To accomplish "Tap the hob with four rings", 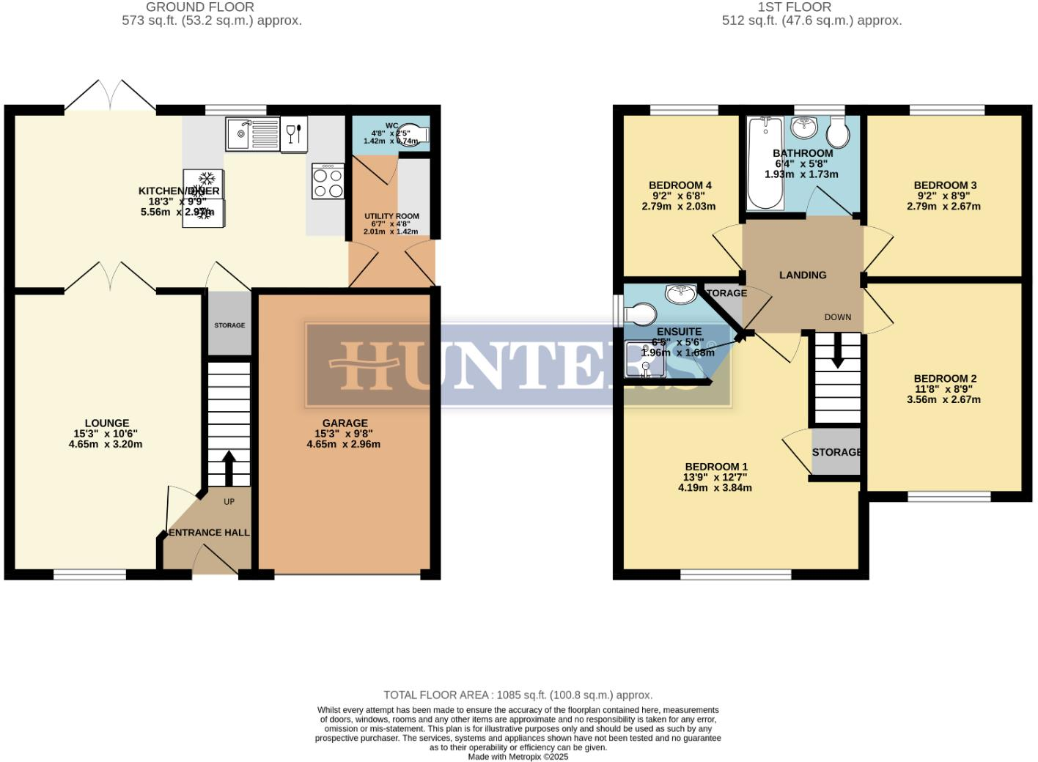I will pyautogui.click(x=328, y=181).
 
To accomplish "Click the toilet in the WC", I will pyautogui.click(x=415, y=135).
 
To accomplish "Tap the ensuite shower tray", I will pyautogui.click(x=644, y=359).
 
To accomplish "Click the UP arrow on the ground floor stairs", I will pyautogui.click(x=228, y=467).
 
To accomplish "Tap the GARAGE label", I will pyautogui.click(x=345, y=423).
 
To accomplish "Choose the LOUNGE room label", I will pyautogui.click(x=107, y=423).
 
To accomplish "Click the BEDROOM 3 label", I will pyautogui.click(x=945, y=185).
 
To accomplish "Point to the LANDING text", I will pyautogui.click(x=803, y=275).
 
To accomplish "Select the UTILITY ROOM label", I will pyautogui.click(x=391, y=216).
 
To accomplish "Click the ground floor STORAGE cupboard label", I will pyautogui.click(x=229, y=325).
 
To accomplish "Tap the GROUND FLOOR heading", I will pyautogui.click(x=200, y=7).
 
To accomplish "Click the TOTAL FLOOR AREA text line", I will pyautogui.click(x=518, y=695).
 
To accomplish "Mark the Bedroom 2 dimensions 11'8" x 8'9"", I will pyautogui.click(x=945, y=389).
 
